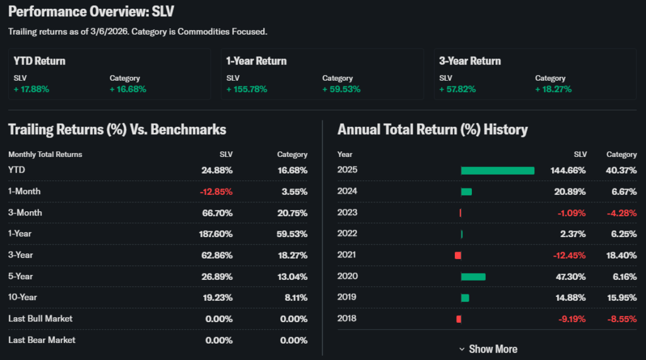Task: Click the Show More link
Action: point(488,349)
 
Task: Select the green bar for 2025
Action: point(497,170)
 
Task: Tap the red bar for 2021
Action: point(458,255)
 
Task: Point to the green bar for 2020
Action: point(473,276)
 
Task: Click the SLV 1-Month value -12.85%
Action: point(216,191)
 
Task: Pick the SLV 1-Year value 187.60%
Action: point(216,233)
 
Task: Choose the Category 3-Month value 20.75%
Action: point(292,212)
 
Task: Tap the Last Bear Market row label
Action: point(42,340)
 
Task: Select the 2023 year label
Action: point(347,212)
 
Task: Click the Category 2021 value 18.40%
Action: point(621,255)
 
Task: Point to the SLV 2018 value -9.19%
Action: point(572,318)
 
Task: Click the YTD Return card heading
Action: point(40,61)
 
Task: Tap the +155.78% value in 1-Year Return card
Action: point(247,89)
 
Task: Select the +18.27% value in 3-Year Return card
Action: point(553,89)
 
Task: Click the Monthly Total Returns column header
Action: point(45,154)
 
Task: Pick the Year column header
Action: point(345,154)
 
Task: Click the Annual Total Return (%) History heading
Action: point(432,130)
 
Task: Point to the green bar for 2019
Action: point(465,298)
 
